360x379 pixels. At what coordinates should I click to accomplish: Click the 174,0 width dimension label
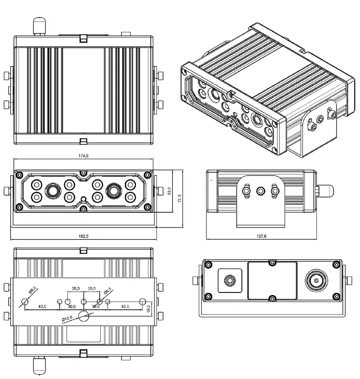pos(83,156)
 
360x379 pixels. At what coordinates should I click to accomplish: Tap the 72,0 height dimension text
pos(179,199)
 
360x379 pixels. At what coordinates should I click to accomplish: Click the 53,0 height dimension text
pos(170,191)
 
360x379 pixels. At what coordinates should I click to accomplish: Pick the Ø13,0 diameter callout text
pos(68,318)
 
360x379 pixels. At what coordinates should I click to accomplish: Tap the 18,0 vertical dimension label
pos(149,309)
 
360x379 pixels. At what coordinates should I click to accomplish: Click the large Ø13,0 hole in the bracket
pos(83,316)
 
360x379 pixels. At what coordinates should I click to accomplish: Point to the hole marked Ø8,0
pos(25,302)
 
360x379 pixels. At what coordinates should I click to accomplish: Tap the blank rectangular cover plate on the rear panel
pos(272,280)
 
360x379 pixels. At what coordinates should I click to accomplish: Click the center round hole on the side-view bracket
pos(261,190)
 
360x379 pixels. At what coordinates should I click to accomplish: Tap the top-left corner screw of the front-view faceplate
pos(20,174)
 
